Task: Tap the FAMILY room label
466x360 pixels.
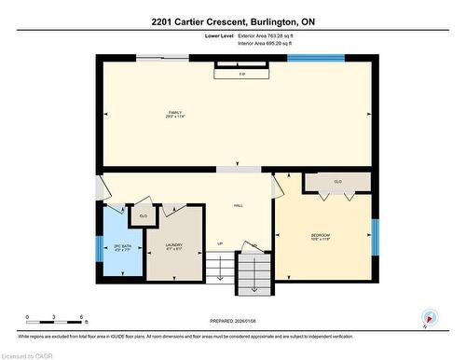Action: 174,114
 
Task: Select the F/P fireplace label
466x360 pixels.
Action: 241,74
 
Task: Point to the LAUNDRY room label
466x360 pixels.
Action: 173,247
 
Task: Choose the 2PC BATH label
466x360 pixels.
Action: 121,247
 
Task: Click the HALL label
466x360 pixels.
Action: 239,205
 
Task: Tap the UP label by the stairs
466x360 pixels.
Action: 220,244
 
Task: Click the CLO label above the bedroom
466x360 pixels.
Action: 337,181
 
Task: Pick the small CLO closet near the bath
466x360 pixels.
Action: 143,216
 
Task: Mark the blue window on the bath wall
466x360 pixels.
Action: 98,249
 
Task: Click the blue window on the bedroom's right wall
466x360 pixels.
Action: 375,237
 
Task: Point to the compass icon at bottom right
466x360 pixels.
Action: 428,317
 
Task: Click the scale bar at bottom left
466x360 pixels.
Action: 55,319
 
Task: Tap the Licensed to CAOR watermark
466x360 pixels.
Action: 29,354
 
